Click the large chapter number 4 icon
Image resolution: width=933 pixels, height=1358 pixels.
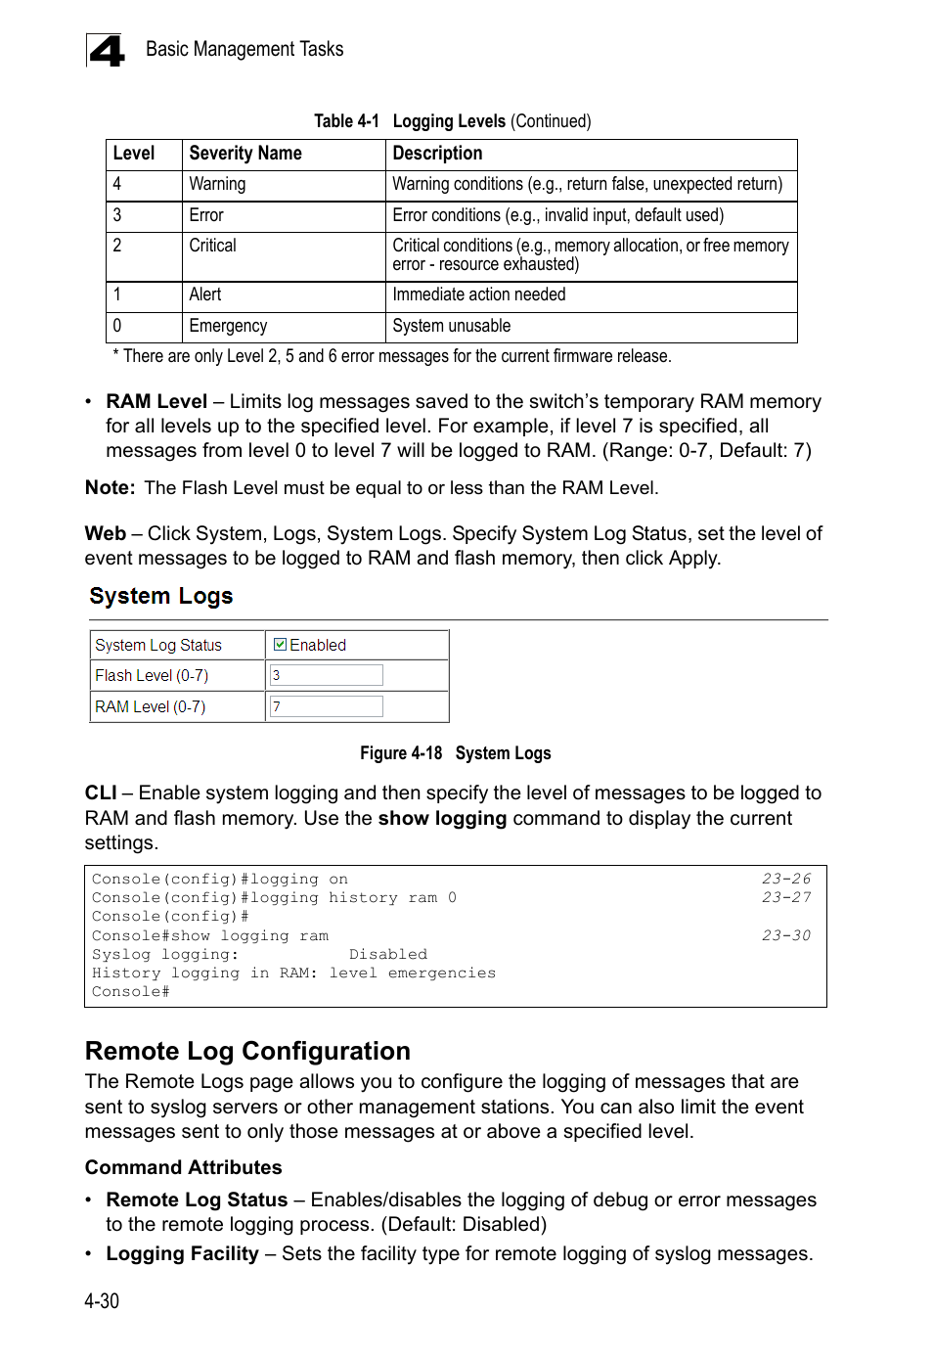106,51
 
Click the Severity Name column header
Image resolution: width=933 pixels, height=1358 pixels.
245,154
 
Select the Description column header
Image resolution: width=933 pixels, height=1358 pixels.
437,154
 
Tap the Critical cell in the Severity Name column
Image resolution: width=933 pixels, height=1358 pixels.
213,246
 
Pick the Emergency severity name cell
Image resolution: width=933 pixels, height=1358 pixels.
228,326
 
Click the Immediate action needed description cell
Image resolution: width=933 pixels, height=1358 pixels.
479,294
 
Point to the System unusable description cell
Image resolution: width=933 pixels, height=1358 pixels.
452,326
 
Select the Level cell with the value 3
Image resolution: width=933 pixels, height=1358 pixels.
117,215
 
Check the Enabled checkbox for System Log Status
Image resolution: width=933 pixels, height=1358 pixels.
280,645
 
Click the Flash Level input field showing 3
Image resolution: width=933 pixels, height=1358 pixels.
326,675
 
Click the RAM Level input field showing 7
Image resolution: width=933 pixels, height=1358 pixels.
326,706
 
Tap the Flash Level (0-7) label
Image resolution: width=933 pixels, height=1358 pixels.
152,675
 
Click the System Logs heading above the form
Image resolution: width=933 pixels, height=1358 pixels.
161,596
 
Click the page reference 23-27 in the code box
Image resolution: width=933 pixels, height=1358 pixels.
786,897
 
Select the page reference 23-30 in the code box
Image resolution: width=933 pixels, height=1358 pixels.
786,935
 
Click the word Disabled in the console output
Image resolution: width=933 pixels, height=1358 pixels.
388,954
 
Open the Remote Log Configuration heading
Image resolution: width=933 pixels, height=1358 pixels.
247,1051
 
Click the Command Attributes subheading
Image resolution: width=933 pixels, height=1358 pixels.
183,1167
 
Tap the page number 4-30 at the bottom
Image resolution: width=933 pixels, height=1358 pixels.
102,1301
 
